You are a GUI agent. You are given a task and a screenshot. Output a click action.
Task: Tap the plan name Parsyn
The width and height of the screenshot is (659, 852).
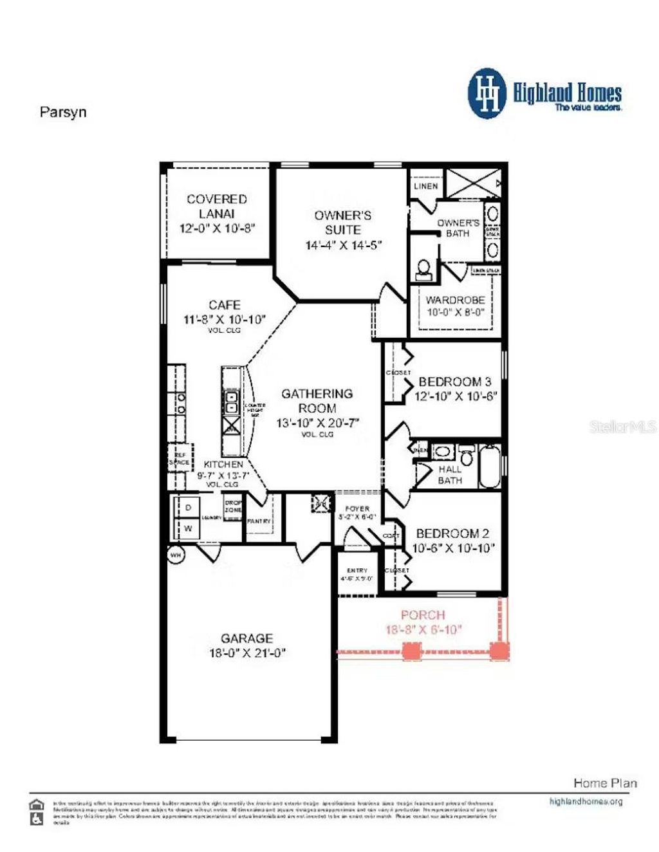[x=63, y=112]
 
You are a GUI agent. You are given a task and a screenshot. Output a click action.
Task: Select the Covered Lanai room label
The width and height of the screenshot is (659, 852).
[x=217, y=206]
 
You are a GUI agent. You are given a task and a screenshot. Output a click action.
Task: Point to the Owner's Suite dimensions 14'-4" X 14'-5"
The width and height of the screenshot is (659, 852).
[x=344, y=245]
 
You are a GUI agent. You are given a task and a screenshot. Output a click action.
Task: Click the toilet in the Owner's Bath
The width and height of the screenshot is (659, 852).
[x=424, y=269]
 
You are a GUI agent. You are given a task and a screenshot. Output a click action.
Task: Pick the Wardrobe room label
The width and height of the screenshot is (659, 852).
[x=455, y=300]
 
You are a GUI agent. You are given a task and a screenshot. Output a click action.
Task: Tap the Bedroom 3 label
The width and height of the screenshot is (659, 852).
[x=454, y=382]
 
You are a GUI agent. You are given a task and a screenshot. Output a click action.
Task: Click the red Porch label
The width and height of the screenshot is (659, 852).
[x=423, y=615]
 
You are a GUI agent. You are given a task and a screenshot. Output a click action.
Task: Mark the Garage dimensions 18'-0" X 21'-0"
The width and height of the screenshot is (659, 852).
[x=246, y=653]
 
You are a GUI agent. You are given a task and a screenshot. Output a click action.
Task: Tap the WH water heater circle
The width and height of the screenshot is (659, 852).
[x=175, y=554]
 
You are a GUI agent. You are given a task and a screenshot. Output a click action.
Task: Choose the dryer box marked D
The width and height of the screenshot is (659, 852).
[x=188, y=508]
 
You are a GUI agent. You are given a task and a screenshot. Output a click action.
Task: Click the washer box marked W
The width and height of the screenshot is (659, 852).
[x=188, y=528]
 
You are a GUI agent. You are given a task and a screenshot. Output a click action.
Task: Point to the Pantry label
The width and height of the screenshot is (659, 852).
[x=259, y=521]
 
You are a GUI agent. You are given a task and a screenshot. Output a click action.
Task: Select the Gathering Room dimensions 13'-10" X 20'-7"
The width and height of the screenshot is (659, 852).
[x=317, y=423]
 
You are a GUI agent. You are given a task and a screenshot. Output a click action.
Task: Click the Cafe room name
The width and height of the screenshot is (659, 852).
[x=225, y=304]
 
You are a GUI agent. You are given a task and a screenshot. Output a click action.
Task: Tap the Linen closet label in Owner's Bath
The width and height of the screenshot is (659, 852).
[x=425, y=186]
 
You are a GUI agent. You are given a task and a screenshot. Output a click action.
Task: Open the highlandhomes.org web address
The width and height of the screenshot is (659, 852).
[x=586, y=802]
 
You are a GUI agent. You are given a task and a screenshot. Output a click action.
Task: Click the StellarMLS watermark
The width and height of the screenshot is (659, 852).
[x=622, y=427]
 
